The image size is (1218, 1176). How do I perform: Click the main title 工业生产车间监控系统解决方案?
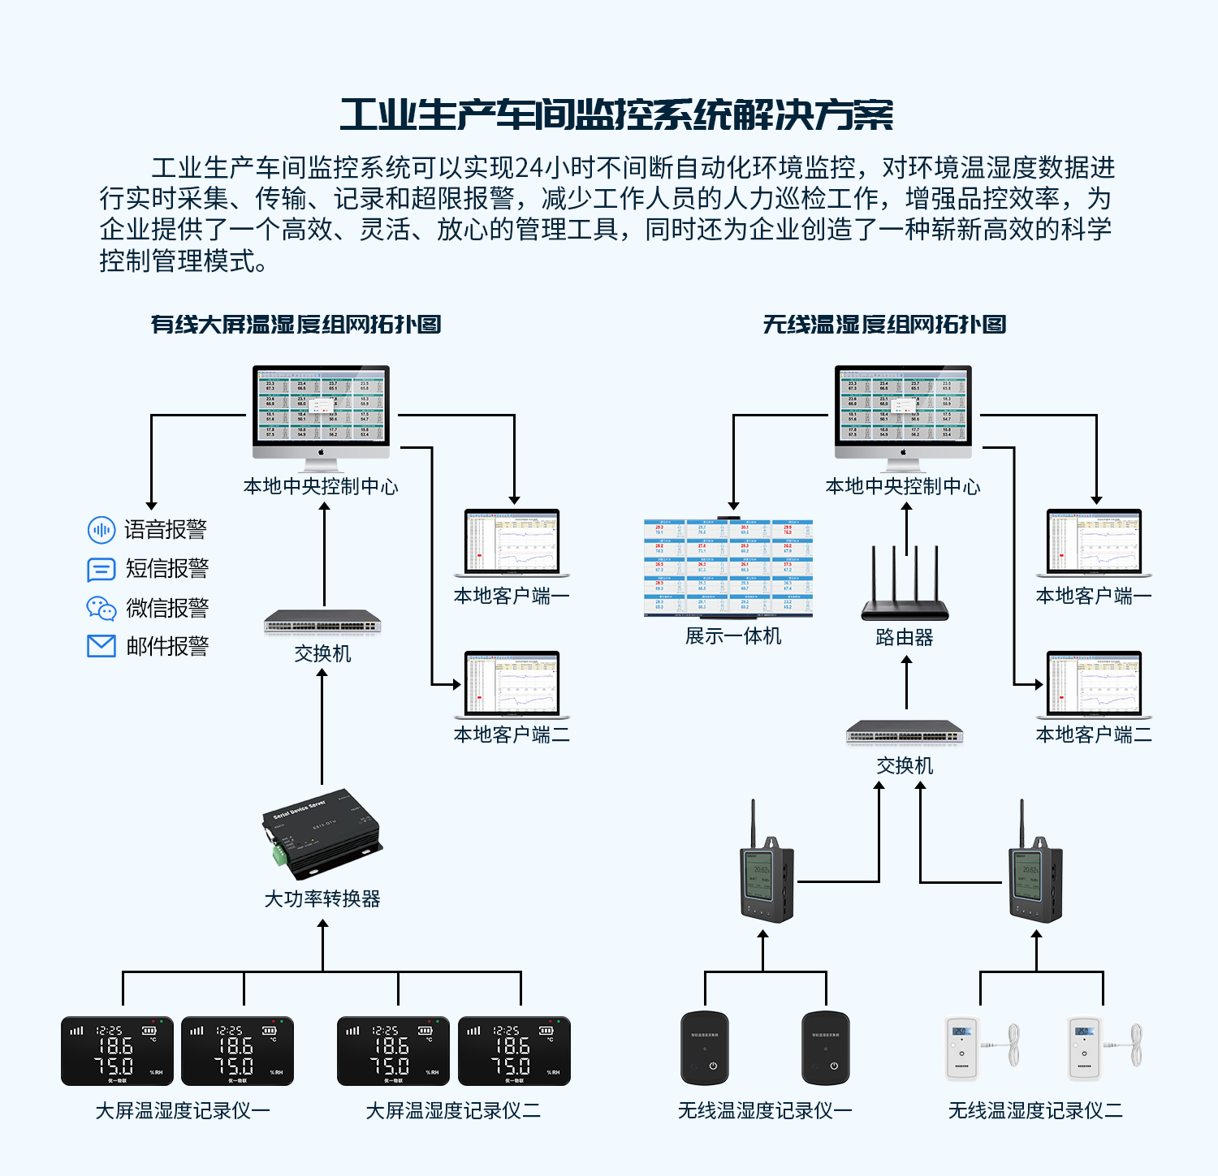tap(616, 115)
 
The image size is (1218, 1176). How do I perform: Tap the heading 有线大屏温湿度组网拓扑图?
tap(296, 325)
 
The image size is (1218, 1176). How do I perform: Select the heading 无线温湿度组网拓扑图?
tap(884, 325)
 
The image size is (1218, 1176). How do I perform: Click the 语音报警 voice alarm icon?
tap(101, 530)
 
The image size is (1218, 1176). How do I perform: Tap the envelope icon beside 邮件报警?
tap(101, 646)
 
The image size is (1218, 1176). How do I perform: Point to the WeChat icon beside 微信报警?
tap(101, 608)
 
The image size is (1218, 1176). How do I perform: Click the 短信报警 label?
tap(166, 569)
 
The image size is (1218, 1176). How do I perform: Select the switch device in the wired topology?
tap(322, 622)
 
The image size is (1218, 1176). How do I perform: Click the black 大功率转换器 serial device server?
tap(322, 834)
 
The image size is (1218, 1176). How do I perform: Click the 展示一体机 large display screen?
tap(728, 568)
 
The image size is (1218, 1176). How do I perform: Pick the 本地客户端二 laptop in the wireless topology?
tap(1094, 685)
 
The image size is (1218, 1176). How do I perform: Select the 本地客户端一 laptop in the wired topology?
tap(512, 543)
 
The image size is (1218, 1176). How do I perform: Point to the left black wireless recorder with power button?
tap(704, 1048)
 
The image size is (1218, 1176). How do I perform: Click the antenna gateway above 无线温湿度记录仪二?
tap(1035, 881)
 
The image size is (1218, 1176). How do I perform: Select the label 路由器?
tap(905, 638)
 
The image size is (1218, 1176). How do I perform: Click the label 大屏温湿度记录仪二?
tap(452, 1110)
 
